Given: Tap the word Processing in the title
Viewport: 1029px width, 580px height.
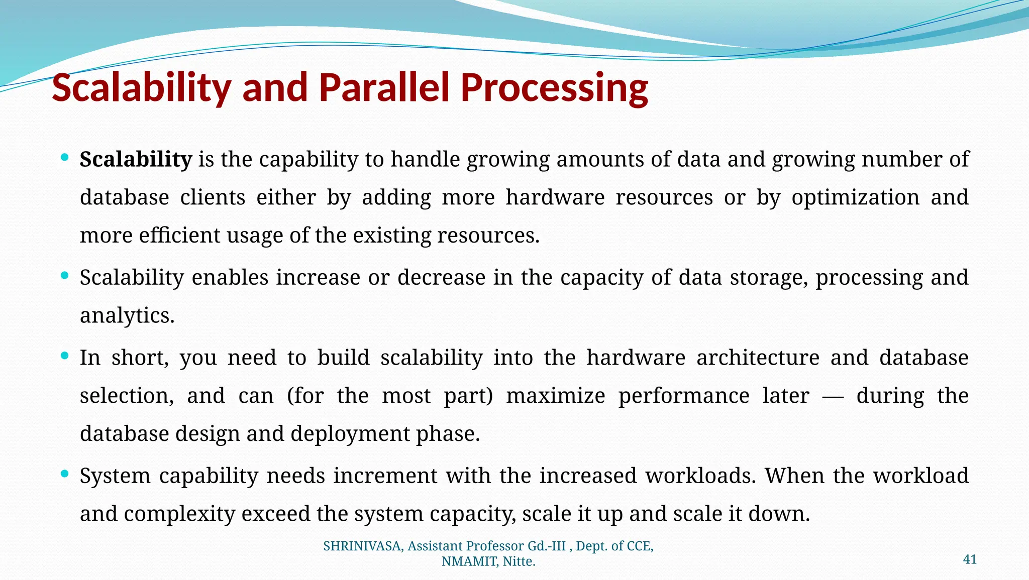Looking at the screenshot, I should pyautogui.click(x=554, y=88).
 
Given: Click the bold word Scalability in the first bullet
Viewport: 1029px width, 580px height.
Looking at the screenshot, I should pyautogui.click(x=136, y=160).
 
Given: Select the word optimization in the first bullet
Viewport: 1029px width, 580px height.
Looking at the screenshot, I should pyautogui.click(x=855, y=197).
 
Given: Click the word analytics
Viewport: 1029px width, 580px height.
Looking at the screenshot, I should pyautogui.click(x=127, y=316).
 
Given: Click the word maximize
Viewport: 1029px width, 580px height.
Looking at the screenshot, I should pyautogui.click(x=555, y=396).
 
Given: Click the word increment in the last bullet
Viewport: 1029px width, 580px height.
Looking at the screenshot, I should pyautogui.click(x=385, y=476).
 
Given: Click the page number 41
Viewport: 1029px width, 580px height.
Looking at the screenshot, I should pyautogui.click(x=970, y=559).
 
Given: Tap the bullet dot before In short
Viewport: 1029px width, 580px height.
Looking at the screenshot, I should pyautogui.click(x=64, y=356).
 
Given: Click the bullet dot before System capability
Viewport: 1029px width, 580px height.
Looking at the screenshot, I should pyautogui.click(x=64, y=474).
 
